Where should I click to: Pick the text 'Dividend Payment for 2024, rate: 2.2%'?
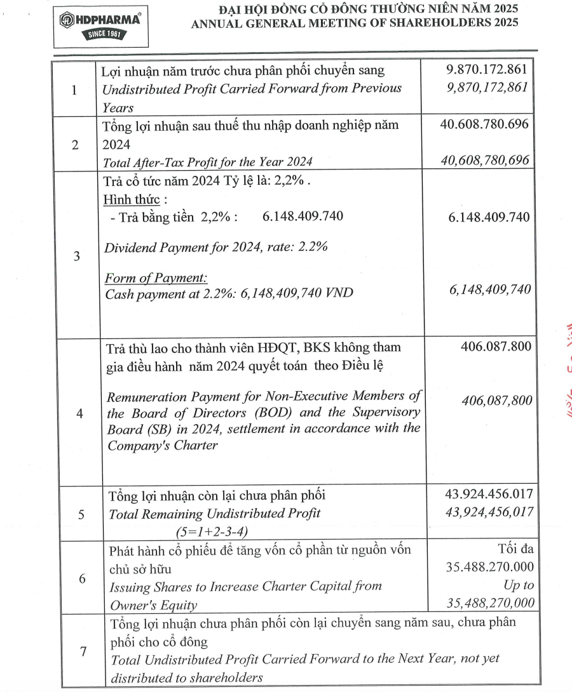point(215,247)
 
